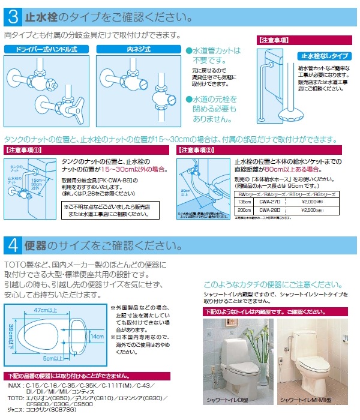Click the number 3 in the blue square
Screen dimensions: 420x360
point(13,13)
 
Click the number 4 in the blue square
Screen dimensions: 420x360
point(13,245)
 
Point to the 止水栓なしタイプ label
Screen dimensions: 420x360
point(323,56)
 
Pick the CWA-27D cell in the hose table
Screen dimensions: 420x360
point(269,202)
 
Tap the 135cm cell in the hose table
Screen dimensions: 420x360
point(244,202)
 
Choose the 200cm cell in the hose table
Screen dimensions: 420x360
point(244,210)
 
